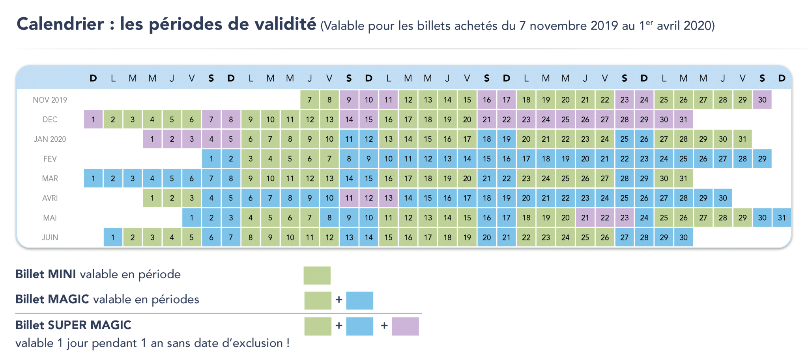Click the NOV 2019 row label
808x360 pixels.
[50, 100]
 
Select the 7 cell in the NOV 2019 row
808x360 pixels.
[310, 99]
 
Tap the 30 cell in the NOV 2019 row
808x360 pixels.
[762, 99]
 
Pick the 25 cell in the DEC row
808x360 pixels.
[565, 119]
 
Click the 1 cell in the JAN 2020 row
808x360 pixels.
[152, 139]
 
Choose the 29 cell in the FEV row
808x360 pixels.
[762, 159]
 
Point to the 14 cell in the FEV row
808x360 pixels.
[467, 159]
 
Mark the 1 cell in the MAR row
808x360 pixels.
[93, 178]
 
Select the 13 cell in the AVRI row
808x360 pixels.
[389, 198]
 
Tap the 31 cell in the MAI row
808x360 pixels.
[782, 217]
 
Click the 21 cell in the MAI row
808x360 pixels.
[585, 217]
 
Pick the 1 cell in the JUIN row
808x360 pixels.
[113, 237]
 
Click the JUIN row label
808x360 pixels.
[50, 237]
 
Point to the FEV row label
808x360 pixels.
[50, 159]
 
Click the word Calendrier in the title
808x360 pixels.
[60, 24]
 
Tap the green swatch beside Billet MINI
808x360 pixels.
[317, 276]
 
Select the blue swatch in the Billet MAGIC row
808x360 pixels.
[360, 300]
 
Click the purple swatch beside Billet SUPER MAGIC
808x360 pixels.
[405, 326]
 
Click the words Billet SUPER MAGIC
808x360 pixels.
[73, 325]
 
